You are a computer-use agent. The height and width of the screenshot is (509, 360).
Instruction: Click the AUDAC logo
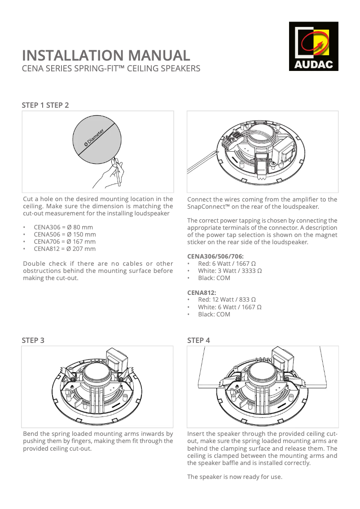tap(313, 46)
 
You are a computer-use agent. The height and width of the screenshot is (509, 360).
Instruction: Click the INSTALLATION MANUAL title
tap(106, 56)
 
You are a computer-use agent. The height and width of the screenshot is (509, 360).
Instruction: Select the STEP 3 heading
tap(33, 340)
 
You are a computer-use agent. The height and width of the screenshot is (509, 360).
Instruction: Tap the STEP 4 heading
tap(198, 340)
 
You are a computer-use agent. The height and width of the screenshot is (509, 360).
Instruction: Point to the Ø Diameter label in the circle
tap(94, 137)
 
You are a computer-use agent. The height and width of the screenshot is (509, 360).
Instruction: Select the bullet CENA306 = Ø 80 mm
tap(63, 227)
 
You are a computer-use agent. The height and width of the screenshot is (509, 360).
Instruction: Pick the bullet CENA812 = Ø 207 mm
tap(65, 249)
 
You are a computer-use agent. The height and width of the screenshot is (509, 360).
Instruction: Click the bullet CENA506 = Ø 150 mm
tap(65, 234)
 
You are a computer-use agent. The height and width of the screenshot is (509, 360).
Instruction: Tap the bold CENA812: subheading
tap(202, 293)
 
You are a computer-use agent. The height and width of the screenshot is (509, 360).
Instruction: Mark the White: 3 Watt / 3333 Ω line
tap(230, 271)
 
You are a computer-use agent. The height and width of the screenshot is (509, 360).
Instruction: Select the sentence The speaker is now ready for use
tap(235, 477)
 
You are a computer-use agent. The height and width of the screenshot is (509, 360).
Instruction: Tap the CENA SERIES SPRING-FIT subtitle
tap(111, 69)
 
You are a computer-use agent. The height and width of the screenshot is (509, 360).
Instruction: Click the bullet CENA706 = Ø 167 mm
tap(65, 241)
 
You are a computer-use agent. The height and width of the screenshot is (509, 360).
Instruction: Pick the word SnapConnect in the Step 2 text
tap(207, 206)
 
